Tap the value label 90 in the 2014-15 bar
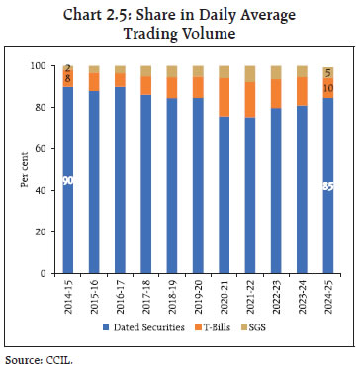click(x=68, y=181)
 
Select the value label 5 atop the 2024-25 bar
click(x=328, y=72)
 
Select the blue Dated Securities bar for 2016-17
click(x=120, y=179)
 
